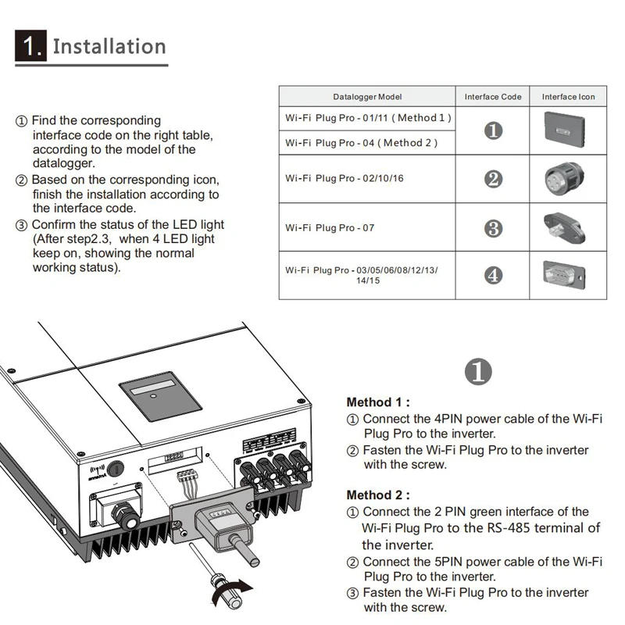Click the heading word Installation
109,46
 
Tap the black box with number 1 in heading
30,46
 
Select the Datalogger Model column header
367,97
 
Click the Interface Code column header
493,97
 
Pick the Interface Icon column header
568,97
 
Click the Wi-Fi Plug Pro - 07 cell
330,228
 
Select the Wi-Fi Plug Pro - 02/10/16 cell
345,178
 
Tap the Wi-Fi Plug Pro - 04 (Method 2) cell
362,143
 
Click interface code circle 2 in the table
493,179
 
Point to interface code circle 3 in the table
493,228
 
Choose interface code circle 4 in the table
493,275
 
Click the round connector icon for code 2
568,179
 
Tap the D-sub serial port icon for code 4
568,274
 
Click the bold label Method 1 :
378,402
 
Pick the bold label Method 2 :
378,495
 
